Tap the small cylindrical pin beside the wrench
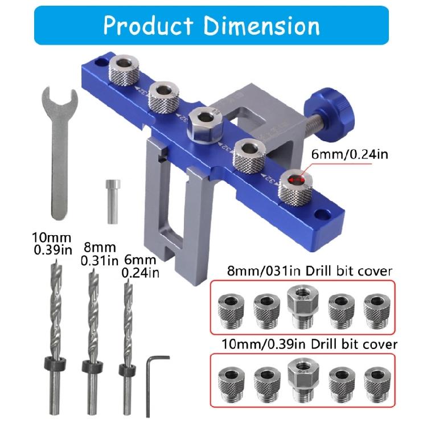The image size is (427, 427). point(111,202)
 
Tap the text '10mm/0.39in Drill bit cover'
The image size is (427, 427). point(302,344)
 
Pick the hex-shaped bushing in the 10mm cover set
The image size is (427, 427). point(302,377)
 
